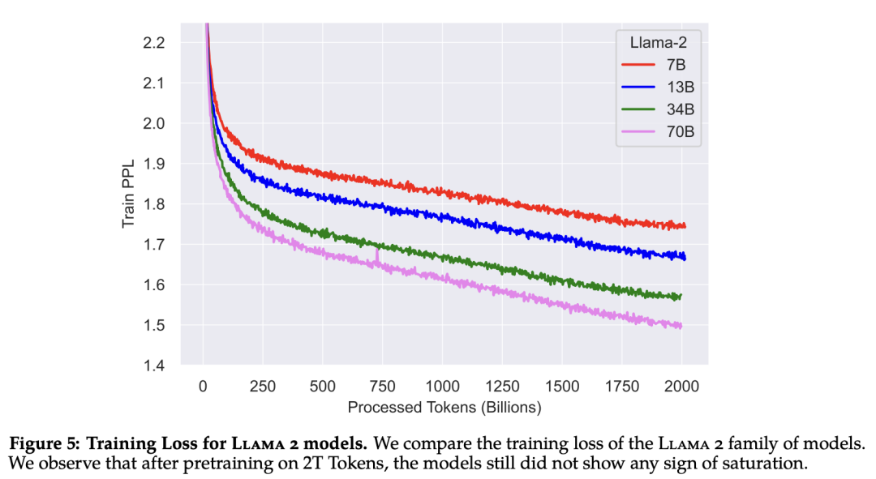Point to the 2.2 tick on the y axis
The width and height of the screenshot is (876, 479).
pos(154,42)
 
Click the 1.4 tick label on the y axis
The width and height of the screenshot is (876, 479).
pos(154,366)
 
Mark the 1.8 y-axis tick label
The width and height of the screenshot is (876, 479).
pos(154,204)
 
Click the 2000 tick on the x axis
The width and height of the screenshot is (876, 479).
pos(681,387)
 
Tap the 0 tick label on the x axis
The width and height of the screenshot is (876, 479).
pos(203,387)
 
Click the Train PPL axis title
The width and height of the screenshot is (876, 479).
pos(129,192)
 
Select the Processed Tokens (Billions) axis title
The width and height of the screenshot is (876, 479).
pos(444,407)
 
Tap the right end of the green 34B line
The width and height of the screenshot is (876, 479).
pos(681,296)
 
